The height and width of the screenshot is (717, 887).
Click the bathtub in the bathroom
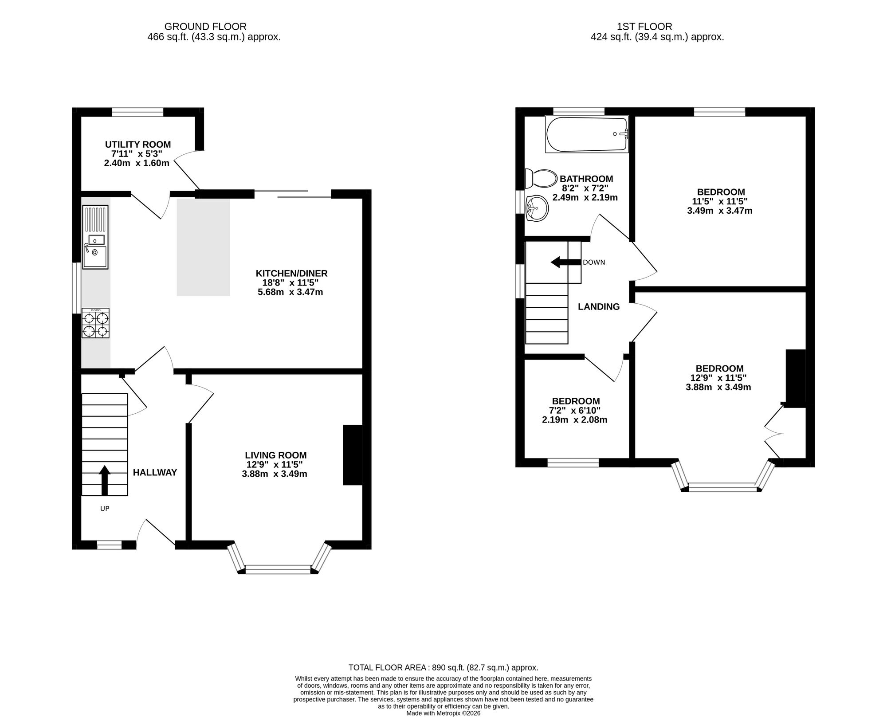(x=587, y=134)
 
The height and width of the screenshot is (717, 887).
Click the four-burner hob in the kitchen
(x=95, y=323)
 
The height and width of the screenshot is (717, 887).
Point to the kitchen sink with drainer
(x=95, y=237)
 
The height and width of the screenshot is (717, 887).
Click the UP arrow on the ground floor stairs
(x=105, y=480)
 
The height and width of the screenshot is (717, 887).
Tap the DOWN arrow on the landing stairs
(x=565, y=262)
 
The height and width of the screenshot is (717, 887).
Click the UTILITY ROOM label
(x=138, y=145)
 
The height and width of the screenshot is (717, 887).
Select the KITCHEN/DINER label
(x=291, y=273)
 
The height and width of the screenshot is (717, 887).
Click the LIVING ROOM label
(x=276, y=455)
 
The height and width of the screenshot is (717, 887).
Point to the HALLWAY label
(x=155, y=473)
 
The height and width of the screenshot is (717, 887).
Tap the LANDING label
(x=599, y=306)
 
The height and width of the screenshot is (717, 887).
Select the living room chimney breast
(x=353, y=455)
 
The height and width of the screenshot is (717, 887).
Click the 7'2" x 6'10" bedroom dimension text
(x=575, y=411)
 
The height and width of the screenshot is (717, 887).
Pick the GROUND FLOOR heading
(x=205, y=27)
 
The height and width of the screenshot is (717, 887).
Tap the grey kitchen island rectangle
(x=204, y=247)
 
